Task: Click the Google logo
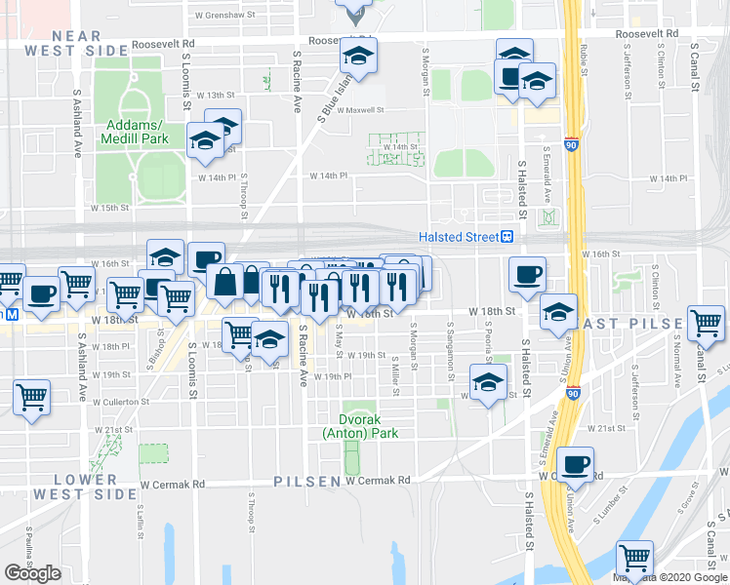(x=32, y=573)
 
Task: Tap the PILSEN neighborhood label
(x=307, y=482)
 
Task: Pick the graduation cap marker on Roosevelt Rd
(x=358, y=58)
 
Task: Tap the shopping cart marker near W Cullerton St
(x=32, y=397)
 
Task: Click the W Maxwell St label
(x=361, y=110)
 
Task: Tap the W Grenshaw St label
(x=224, y=16)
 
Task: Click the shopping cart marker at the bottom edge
(x=634, y=558)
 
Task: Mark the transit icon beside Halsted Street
(x=508, y=237)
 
